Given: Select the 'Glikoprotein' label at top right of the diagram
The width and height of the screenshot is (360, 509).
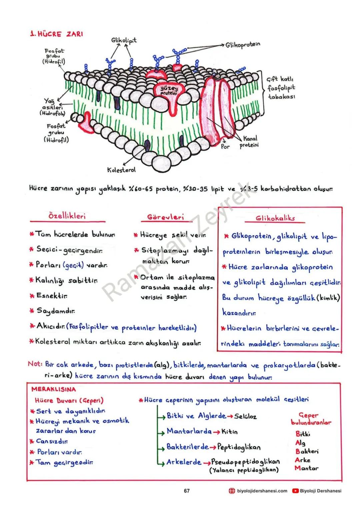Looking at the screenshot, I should pyautogui.click(x=243, y=45).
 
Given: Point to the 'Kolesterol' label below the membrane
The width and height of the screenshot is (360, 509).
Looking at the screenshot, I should pyautogui.click(x=121, y=170).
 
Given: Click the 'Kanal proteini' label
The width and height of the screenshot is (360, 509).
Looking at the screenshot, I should pyautogui.click(x=249, y=142).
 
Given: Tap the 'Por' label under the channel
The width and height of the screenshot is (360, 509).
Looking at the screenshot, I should pyautogui.click(x=225, y=146).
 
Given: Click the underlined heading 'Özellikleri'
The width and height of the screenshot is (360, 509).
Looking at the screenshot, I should pyautogui.click(x=67, y=216).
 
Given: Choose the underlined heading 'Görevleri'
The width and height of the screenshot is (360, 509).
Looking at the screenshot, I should pyautogui.click(x=165, y=217).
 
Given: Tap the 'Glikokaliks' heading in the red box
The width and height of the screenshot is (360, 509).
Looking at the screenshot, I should pyautogui.click(x=275, y=219).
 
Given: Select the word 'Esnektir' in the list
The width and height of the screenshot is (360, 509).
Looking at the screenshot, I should pyautogui.click(x=53, y=295).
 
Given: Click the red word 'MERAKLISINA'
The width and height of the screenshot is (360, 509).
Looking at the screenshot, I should pyautogui.click(x=54, y=389).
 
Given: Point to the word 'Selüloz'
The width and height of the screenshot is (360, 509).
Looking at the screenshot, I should pyautogui.click(x=245, y=416).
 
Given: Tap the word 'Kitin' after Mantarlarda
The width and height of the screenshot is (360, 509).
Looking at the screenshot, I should pyautogui.click(x=229, y=432).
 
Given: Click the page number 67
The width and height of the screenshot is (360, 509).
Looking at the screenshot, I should pyautogui.click(x=187, y=491).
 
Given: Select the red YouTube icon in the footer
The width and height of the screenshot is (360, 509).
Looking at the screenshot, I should pyautogui.click(x=295, y=491).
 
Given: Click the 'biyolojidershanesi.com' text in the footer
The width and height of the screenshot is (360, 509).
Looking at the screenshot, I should pyautogui.click(x=262, y=491).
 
